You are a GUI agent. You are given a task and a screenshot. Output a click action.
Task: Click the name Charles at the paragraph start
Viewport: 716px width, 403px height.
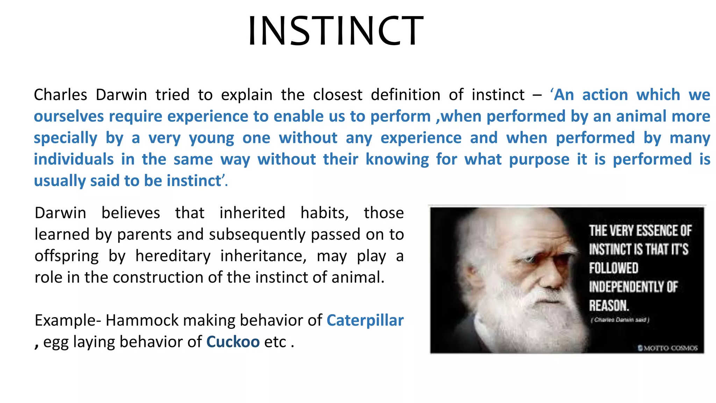(60, 95)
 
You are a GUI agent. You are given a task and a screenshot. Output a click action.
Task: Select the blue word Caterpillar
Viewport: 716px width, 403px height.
(365, 320)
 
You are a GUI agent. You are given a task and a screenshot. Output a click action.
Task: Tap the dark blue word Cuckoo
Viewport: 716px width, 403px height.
(233, 342)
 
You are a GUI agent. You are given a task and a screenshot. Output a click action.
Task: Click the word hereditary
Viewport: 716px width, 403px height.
(173, 256)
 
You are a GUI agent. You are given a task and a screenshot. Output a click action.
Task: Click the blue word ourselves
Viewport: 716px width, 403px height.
(69, 116)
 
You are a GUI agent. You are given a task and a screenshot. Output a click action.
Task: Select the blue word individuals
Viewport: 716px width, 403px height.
(74, 160)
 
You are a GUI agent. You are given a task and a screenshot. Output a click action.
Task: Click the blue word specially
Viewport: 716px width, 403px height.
(65, 138)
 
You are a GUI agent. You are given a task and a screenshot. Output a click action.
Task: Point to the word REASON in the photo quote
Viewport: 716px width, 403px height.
(609, 305)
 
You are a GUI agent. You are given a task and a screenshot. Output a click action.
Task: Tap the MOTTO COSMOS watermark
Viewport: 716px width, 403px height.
(667, 348)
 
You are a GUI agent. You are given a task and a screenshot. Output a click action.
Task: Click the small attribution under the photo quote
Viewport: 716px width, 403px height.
(620, 320)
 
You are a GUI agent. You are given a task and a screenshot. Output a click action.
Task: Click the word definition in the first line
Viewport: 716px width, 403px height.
(406, 95)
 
